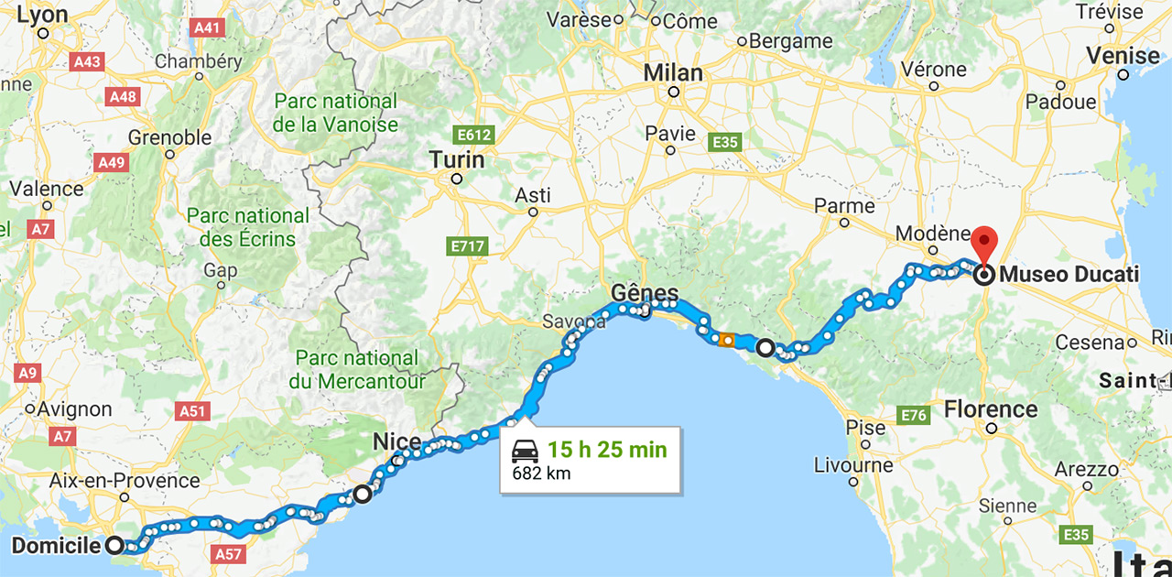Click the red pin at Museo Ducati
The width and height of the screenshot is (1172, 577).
984,243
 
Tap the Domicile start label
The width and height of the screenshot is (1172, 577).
56,547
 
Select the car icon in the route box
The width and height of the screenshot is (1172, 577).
525,451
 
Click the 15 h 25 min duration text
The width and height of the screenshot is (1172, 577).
607,451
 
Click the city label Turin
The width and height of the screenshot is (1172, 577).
457,160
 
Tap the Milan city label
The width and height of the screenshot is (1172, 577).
673,73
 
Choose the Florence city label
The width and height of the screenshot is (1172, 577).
992,408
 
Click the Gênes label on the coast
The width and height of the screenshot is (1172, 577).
645,294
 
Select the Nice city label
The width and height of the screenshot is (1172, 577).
396,443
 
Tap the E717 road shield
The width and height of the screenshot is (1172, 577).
468,246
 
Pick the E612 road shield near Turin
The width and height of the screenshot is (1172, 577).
475,136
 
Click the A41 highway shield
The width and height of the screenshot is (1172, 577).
208,28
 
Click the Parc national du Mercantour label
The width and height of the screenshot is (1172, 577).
358,369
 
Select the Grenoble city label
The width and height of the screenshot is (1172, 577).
169,138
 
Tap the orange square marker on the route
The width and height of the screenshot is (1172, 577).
727,340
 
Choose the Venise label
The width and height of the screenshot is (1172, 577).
1123,56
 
